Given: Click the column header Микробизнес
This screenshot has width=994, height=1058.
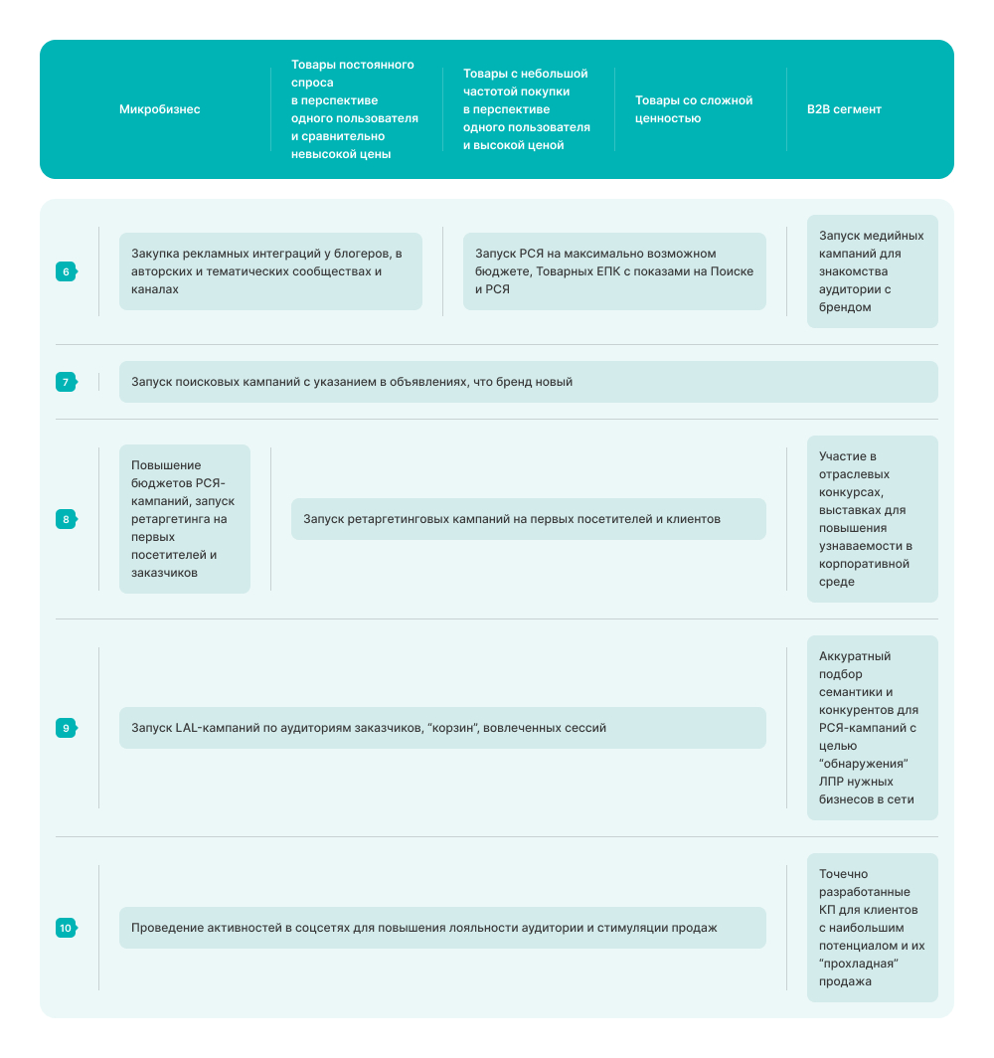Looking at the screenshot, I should [160, 109].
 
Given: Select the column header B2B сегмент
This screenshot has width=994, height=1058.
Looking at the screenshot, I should [844, 109].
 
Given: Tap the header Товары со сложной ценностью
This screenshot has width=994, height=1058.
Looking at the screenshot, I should [694, 109].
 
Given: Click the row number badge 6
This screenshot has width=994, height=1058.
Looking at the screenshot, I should [66, 271].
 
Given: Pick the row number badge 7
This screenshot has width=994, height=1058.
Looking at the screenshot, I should [66, 382].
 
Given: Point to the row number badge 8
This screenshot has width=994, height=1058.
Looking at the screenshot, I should [66, 519].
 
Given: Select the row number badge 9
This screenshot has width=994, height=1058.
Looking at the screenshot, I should [66, 728].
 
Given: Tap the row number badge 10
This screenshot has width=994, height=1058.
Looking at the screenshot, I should [66, 928].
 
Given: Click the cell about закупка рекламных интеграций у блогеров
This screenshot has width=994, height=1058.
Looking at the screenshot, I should [270, 271].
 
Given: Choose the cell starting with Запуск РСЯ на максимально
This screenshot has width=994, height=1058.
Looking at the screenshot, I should [614, 271].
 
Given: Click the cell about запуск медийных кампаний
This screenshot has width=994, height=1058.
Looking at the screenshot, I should [872, 271].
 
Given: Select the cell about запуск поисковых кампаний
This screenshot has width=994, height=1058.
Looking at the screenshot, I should [528, 382].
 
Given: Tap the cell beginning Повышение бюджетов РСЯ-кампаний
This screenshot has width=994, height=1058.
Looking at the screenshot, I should [185, 519].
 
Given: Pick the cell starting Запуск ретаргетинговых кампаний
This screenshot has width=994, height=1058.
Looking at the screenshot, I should [528, 519].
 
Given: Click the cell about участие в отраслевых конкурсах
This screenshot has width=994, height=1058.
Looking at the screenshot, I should [872, 519].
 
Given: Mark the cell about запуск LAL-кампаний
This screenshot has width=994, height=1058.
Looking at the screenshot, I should [442, 728].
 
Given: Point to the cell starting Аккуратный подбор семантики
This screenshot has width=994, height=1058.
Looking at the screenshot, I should [872, 728].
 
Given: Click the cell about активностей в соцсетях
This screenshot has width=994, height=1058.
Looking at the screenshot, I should [442, 928].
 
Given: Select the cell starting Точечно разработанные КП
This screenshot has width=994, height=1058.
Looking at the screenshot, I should [872, 928].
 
